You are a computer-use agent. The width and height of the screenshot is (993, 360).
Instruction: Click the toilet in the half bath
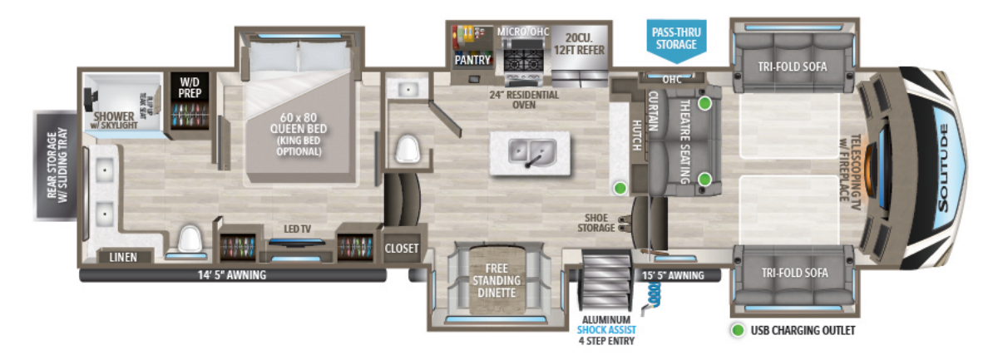point(408,150)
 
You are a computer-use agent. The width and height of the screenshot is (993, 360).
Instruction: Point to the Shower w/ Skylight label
point(114,121)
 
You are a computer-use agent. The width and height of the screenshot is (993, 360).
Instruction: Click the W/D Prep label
point(186,86)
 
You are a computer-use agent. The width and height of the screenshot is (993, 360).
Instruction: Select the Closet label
point(402,248)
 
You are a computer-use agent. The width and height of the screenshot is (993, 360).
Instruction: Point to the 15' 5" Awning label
point(672,274)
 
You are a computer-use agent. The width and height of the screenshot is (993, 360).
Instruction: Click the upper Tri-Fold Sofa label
point(793,67)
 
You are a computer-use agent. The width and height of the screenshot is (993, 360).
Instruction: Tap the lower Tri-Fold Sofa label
point(793,273)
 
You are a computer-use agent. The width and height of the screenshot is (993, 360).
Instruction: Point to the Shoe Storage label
point(600,222)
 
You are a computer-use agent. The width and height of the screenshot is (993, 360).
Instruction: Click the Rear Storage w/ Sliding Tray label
point(56,170)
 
